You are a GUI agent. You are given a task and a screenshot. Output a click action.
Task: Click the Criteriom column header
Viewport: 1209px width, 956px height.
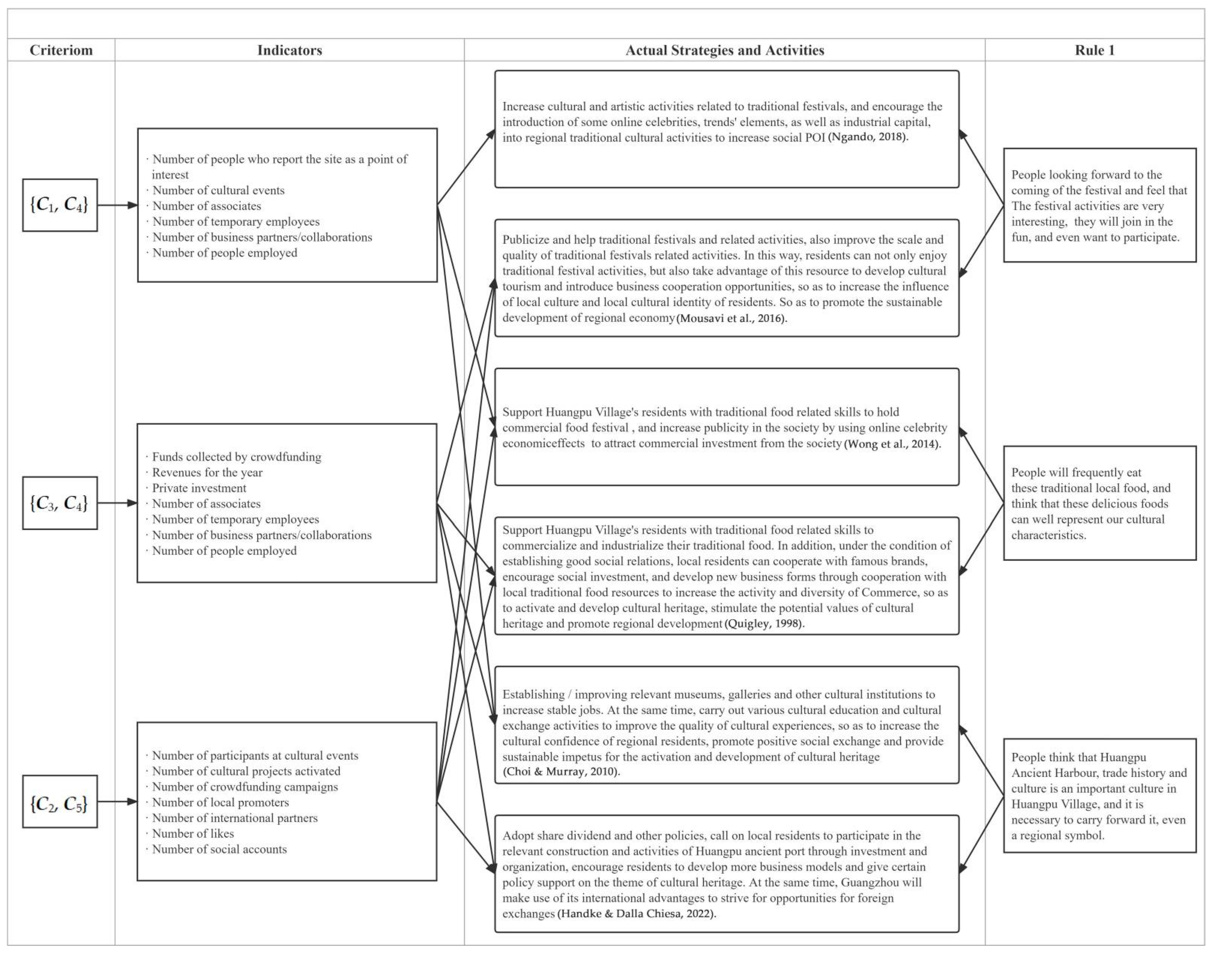pyautogui.click(x=61, y=50)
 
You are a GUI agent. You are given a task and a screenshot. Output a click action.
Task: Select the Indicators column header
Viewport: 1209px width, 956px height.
pyautogui.click(x=289, y=50)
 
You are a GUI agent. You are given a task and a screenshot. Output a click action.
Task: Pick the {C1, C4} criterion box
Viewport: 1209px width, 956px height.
pyautogui.click(x=60, y=205)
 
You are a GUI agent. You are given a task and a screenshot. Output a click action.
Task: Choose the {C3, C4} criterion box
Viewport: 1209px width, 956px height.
pyautogui.click(x=60, y=503)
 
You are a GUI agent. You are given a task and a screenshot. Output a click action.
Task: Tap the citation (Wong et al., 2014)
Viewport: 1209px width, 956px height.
pyautogui.click(x=892, y=444)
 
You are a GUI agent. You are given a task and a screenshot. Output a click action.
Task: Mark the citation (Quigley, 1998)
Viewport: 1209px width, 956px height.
pyautogui.click(x=765, y=623)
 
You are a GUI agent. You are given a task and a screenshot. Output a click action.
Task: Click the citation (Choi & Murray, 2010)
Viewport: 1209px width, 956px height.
pyautogui.click(x=561, y=771)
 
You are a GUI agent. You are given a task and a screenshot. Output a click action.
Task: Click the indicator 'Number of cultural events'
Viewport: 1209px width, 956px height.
pyautogui.click(x=218, y=190)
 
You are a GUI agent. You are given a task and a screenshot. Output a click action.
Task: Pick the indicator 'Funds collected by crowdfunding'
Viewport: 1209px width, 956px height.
pyautogui.click(x=237, y=457)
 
